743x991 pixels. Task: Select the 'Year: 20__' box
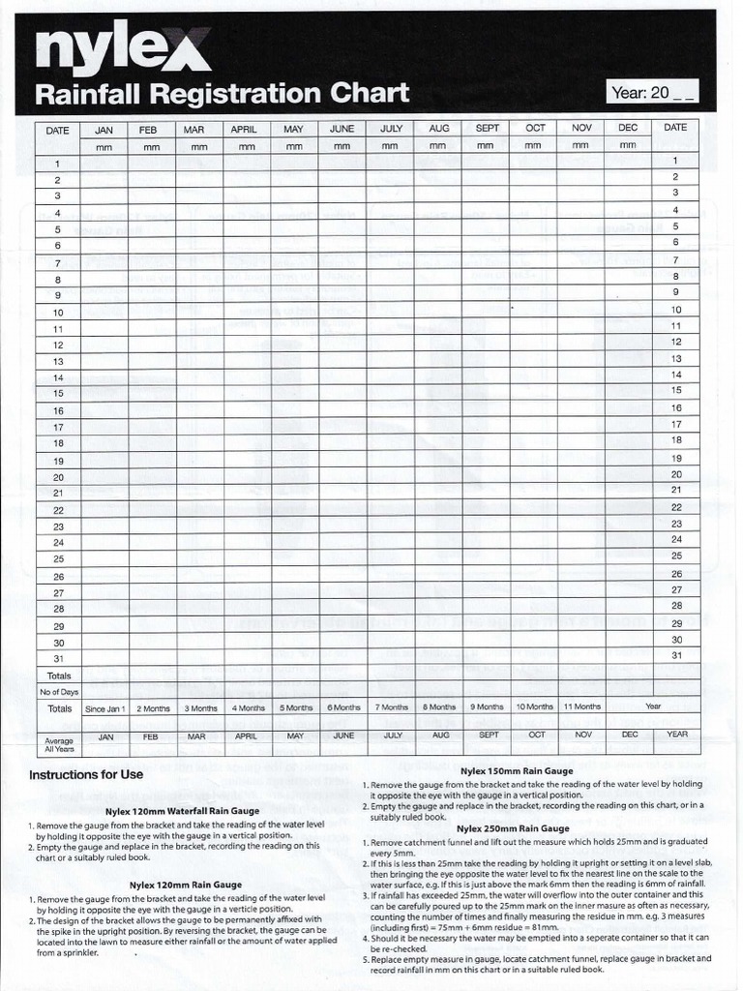[x=652, y=93]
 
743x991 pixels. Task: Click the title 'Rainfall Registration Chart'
[x=222, y=94]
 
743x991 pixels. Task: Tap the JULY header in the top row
[x=391, y=128]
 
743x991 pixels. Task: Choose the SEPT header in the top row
[x=488, y=128]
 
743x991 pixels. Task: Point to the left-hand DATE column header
[x=58, y=129]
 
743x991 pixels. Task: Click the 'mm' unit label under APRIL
[x=247, y=146]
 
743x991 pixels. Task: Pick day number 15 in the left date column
[x=58, y=393]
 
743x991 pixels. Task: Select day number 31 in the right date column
[x=676, y=655]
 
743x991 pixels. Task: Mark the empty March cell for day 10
[x=199, y=313]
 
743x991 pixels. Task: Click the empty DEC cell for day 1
[x=628, y=162]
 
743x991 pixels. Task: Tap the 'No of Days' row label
[x=58, y=692]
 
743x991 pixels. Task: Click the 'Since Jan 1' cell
[x=105, y=708]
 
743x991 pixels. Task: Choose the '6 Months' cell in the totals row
[x=343, y=708]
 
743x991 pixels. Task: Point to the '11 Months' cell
[x=581, y=707]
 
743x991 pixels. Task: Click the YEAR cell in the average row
[x=676, y=735]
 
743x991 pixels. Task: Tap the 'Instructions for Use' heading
[x=86, y=774]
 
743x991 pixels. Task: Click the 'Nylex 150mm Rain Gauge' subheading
[x=516, y=770]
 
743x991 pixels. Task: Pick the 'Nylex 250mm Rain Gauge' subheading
[x=514, y=828]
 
